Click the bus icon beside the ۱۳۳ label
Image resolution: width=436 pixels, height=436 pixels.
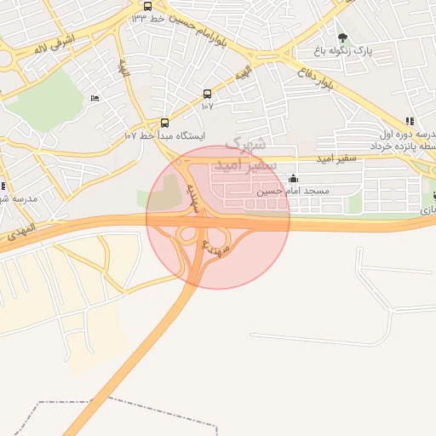pyautogui.click(x=147, y=6)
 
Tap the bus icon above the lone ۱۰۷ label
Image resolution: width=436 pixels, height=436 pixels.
pyautogui.click(x=207, y=94)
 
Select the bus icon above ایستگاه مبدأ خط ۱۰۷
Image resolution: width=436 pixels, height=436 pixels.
pyautogui.click(x=164, y=123)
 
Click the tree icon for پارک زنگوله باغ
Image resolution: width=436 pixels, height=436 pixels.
pyautogui.click(x=342, y=37)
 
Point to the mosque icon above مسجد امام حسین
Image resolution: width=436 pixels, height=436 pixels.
pyautogui.click(x=294, y=179)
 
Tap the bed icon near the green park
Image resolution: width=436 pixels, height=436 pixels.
pyautogui.click(x=94, y=99)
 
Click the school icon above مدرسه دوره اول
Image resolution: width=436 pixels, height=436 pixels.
pyautogui.click(x=410, y=121)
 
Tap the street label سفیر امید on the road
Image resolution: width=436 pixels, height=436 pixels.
pyautogui.click(x=335, y=159)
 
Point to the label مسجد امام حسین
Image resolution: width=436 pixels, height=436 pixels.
pyautogui.click(x=295, y=192)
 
